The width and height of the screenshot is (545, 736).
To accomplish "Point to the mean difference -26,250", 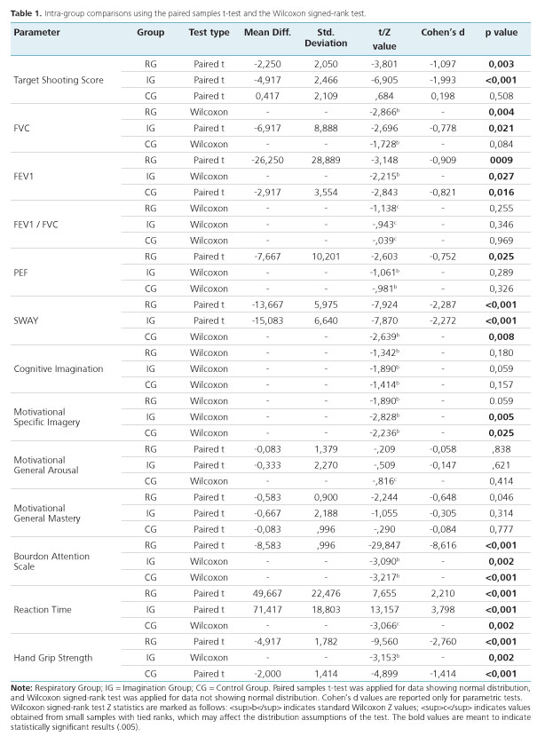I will [x=265, y=160].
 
